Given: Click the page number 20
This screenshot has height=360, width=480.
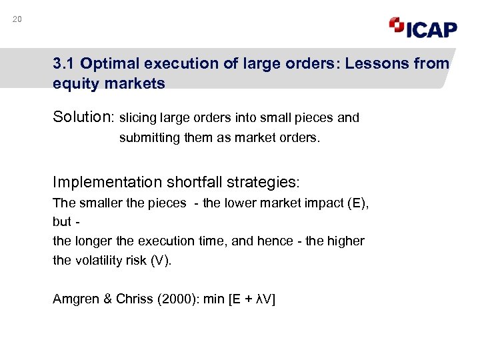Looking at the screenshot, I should [17, 19].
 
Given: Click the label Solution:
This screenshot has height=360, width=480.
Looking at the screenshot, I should [84, 118].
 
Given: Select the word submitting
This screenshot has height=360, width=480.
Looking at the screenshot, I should [147, 139].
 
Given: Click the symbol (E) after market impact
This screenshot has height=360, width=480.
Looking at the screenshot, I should [358, 203].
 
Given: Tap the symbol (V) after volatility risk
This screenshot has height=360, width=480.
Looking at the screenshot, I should [160, 260].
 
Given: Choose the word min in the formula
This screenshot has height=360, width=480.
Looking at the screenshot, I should [214, 299].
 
